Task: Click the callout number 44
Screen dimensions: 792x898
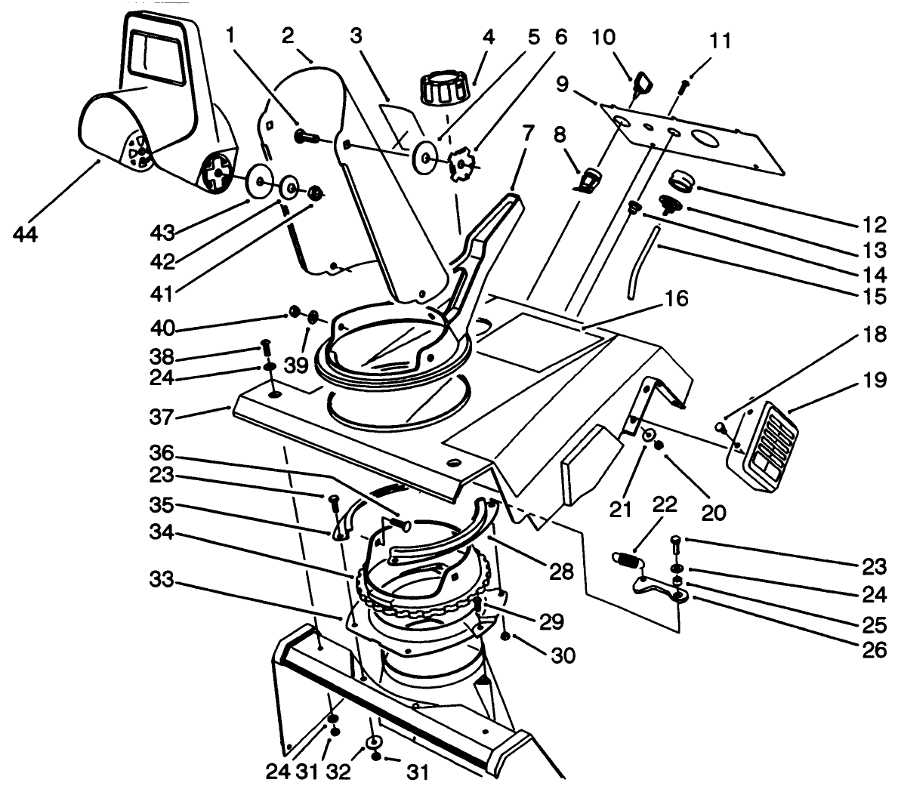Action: click(28, 235)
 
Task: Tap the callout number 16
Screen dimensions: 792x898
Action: click(676, 300)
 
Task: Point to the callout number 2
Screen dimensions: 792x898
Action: click(287, 35)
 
